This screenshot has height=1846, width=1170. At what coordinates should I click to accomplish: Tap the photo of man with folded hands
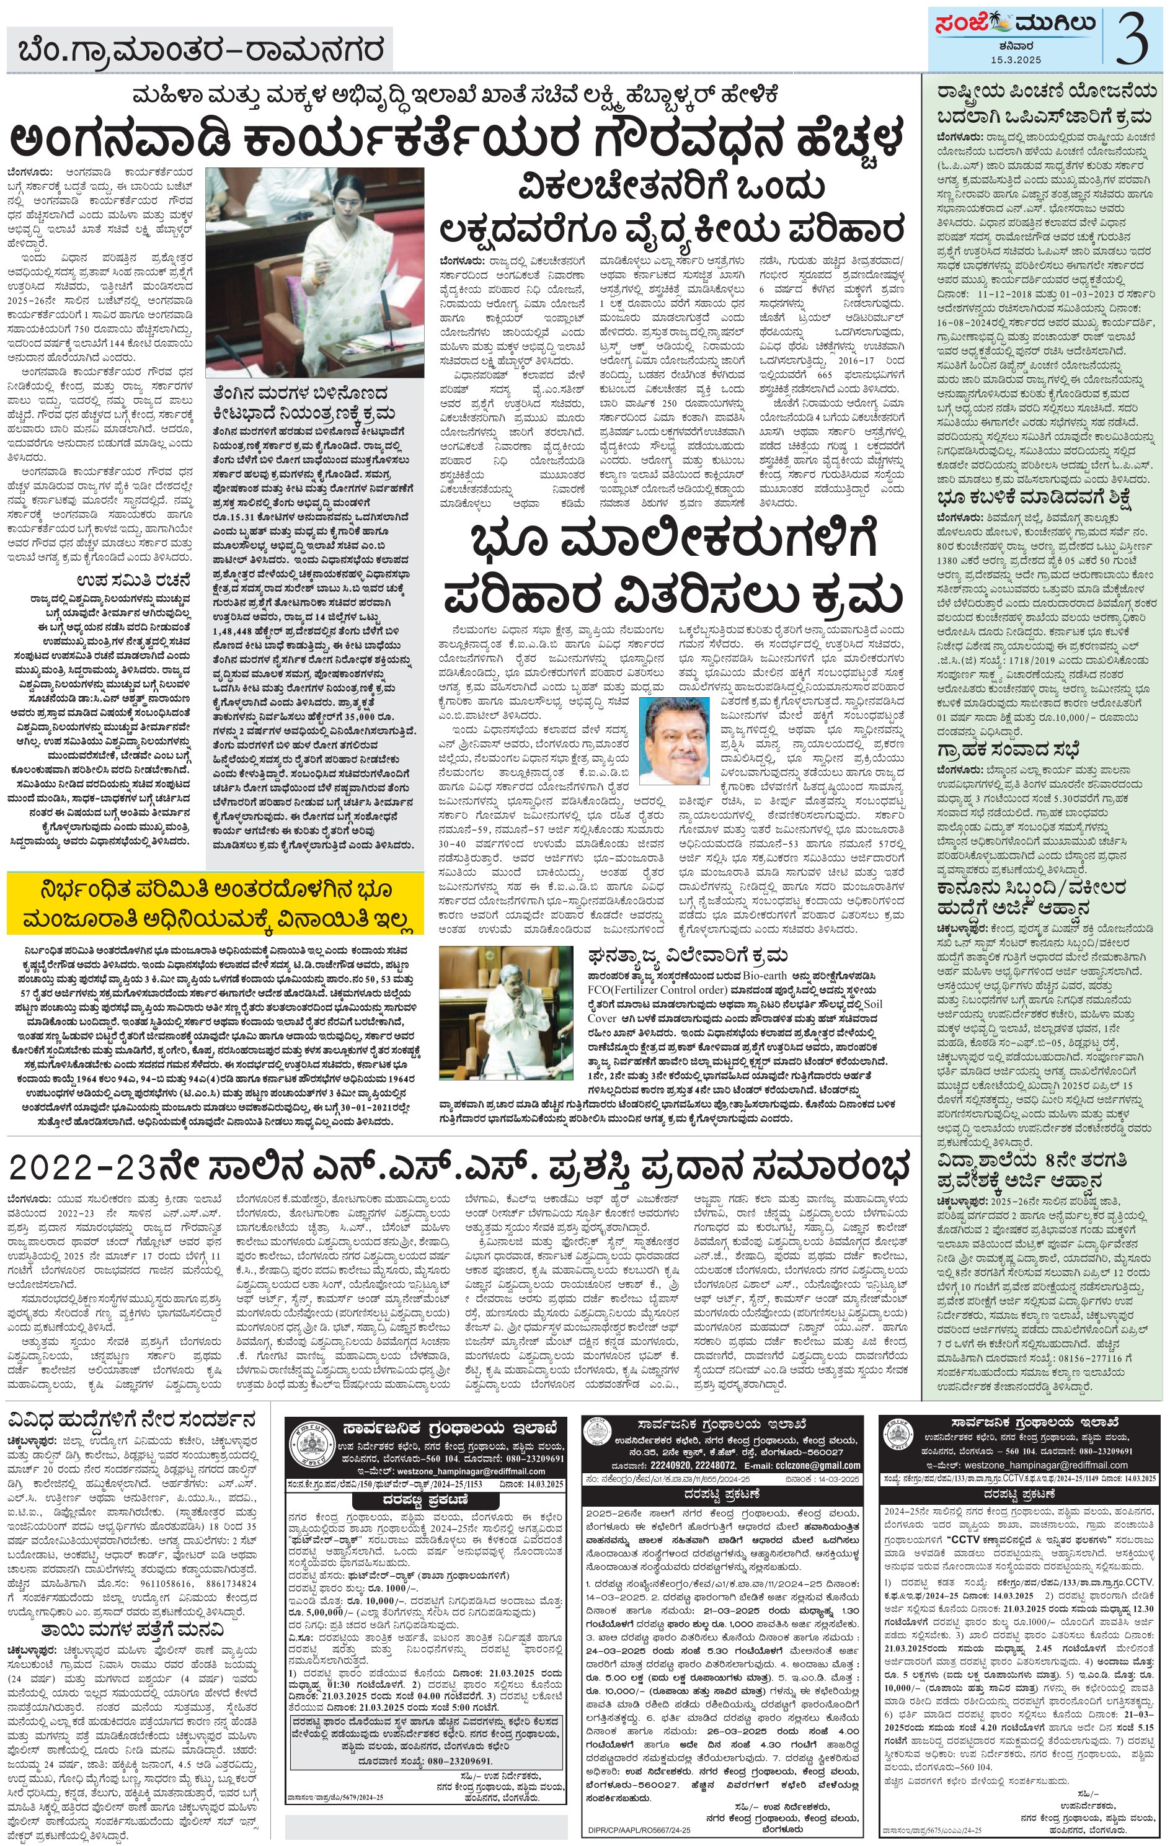(x=506, y=1014)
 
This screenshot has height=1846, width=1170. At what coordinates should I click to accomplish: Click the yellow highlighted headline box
(x=215, y=904)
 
